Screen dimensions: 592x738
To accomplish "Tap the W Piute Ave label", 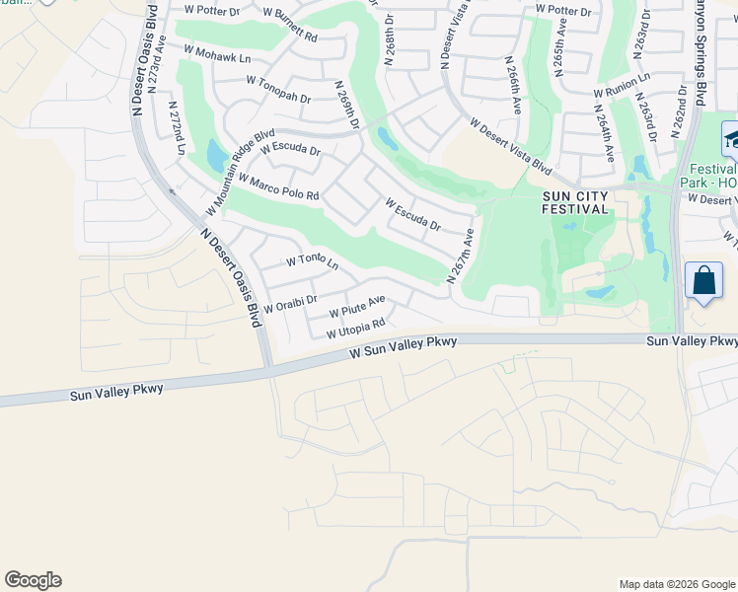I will click(x=356, y=305).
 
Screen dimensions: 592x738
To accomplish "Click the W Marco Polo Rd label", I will click(x=278, y=186).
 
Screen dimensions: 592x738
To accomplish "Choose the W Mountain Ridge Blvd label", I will click(x=240, y=173).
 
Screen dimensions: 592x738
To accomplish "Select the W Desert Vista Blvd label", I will click(x=510, y=147).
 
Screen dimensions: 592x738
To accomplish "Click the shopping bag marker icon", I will click(x=705, y=280).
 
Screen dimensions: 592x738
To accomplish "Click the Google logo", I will click(x=33, y=580).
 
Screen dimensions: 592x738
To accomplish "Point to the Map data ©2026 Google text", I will click(x=677, y=584).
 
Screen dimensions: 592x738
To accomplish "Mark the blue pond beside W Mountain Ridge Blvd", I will click(x=216, y=156).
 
